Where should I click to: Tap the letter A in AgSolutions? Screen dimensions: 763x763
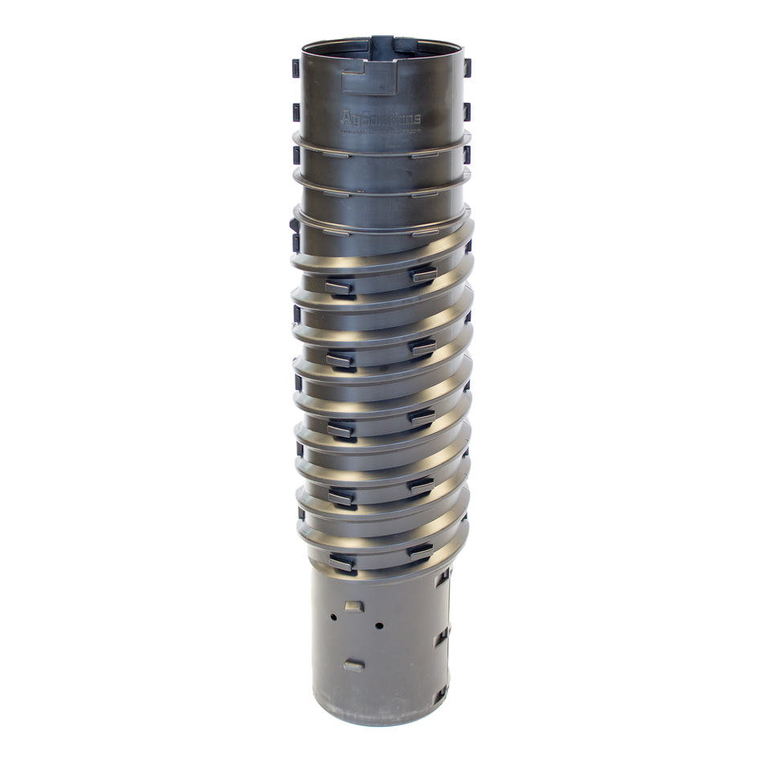[348, 118]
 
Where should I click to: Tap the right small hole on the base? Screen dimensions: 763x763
[378, 625]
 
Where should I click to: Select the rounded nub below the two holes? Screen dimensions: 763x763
[353, 665]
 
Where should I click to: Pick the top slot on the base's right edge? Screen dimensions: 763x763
[441, 578]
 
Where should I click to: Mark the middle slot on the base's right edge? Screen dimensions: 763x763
[441, 639]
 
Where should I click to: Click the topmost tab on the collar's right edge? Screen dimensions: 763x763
[467, 67]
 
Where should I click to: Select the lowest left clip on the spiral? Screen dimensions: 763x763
[341, 563]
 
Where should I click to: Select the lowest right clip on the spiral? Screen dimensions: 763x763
[420, 551]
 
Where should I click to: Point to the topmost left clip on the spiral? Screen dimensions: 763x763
[341, 286]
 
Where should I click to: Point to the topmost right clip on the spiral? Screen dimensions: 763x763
[423, 275]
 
